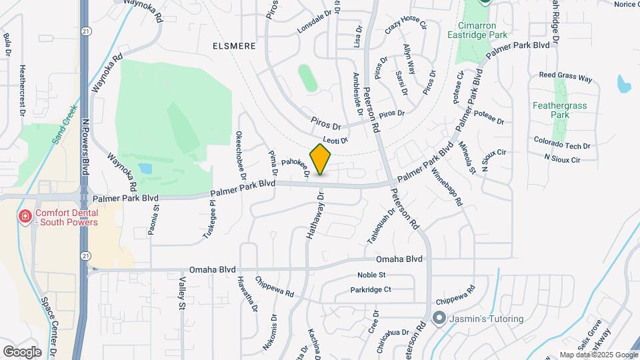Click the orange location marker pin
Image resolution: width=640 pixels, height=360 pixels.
pyautogui.click(x=321, y=159)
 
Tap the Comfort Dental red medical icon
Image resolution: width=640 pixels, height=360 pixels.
pyautogui.click(x=25, y=216)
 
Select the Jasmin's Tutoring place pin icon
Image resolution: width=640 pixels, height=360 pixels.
pyautogui.click(x=439, y=318)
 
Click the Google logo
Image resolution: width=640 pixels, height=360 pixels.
pyautogui.click(x=22, y=351)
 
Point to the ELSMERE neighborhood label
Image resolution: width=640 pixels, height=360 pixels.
pyautogui.click(x=234, y=46)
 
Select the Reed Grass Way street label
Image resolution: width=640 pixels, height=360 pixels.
pyautogui.click(x=565, y=78)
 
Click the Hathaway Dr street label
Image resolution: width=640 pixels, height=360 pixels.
pyautogui.click(x=315, y=216)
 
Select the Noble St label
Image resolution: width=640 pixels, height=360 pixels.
pyautogui.click(x=371, y=275)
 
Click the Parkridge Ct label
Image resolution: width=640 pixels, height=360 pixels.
pyautogui.click(x=371, y=290)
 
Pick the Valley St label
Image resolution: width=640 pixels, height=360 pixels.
pyautogui.click(x=181, y=293)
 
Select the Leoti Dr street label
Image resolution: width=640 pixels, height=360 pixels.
pyautogui.click(x=335, y=140)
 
